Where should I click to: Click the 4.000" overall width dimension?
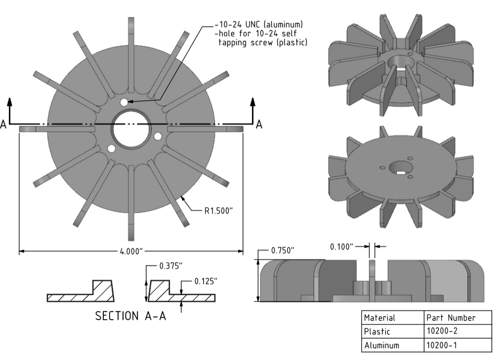pyautogui.click(x=131, y=251)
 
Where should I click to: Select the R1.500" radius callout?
pyautogui.click(x=219, y=211)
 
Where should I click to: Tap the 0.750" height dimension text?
pyautogui.click(x=283, y=250)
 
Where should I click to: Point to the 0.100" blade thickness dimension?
pyautogui.click(x=341, y=247)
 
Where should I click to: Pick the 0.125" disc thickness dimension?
pyautogui.click(x=206, y=281)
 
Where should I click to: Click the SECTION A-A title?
pyautogui.click(x=131, y=316)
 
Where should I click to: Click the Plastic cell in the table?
pyautogui.click(x=376, y=331)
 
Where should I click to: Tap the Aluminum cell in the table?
pyautogui.click(x=382, y=345)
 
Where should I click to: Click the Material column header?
pyautogui.click(x=380, y=318)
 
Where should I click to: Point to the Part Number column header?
pyautogui.click(x=451, y=318)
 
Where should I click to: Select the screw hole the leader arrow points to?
pyautogui.click(x=124, y=102)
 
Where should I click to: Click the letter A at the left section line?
pyautogui.click(x=4, y=125)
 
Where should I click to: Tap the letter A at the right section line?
pyautogui.click(x=259, y=125)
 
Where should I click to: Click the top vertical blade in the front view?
pyautogui.click(x=131, y=49)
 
